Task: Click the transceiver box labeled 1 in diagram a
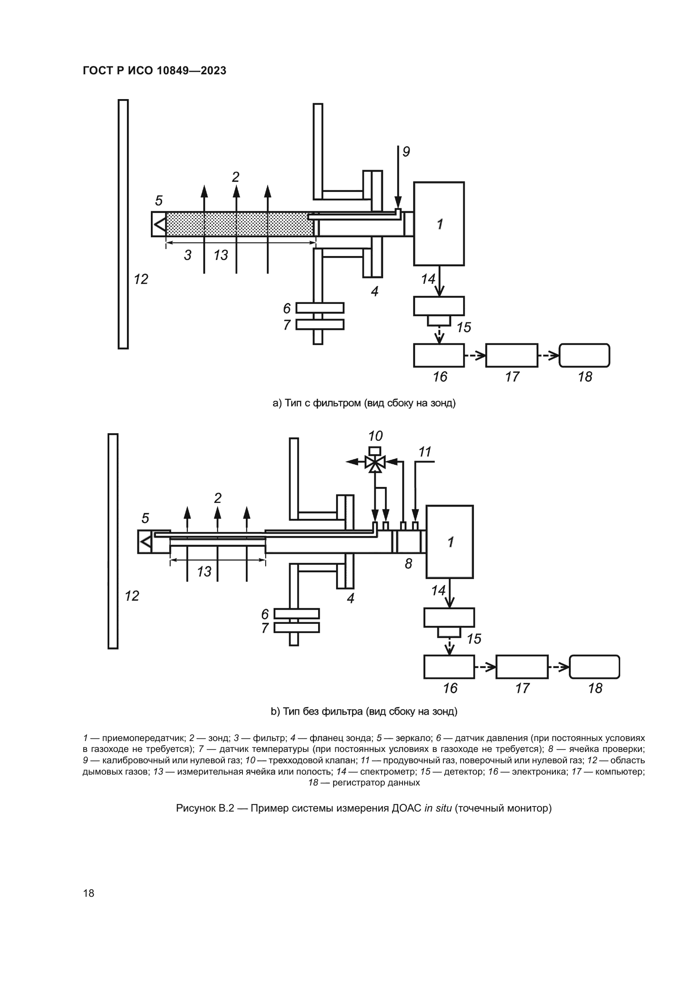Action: click(x=439, y=224)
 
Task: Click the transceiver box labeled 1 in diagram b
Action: click(x=449, y=542)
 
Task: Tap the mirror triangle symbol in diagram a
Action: click(x=160, y=224)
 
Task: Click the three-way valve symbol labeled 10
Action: click(x=375, y=462)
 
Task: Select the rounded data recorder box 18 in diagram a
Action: click(x=584, y=356)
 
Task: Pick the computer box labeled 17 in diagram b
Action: click(x=522, y=667)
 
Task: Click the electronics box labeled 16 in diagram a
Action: click(x=439, y=356)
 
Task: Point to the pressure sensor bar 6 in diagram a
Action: click(x=320, y=308)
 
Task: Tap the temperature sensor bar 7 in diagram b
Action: click(x=297, y=627)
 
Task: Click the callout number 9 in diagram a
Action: click(x=406, y=152)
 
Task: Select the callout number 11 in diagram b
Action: click(x=424, y=452)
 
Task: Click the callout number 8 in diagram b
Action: click(x=408, y=564)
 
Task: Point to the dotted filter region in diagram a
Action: click(x=240, y=224)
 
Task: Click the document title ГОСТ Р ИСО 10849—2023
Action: click(x=154, y=71)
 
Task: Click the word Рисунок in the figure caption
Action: click(x=195, y=808)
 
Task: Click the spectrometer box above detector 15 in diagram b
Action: click(x=449, y=617)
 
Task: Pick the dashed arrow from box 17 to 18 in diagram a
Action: click(x=548, y=356)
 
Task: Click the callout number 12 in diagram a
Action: click(x=141, y=279)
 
